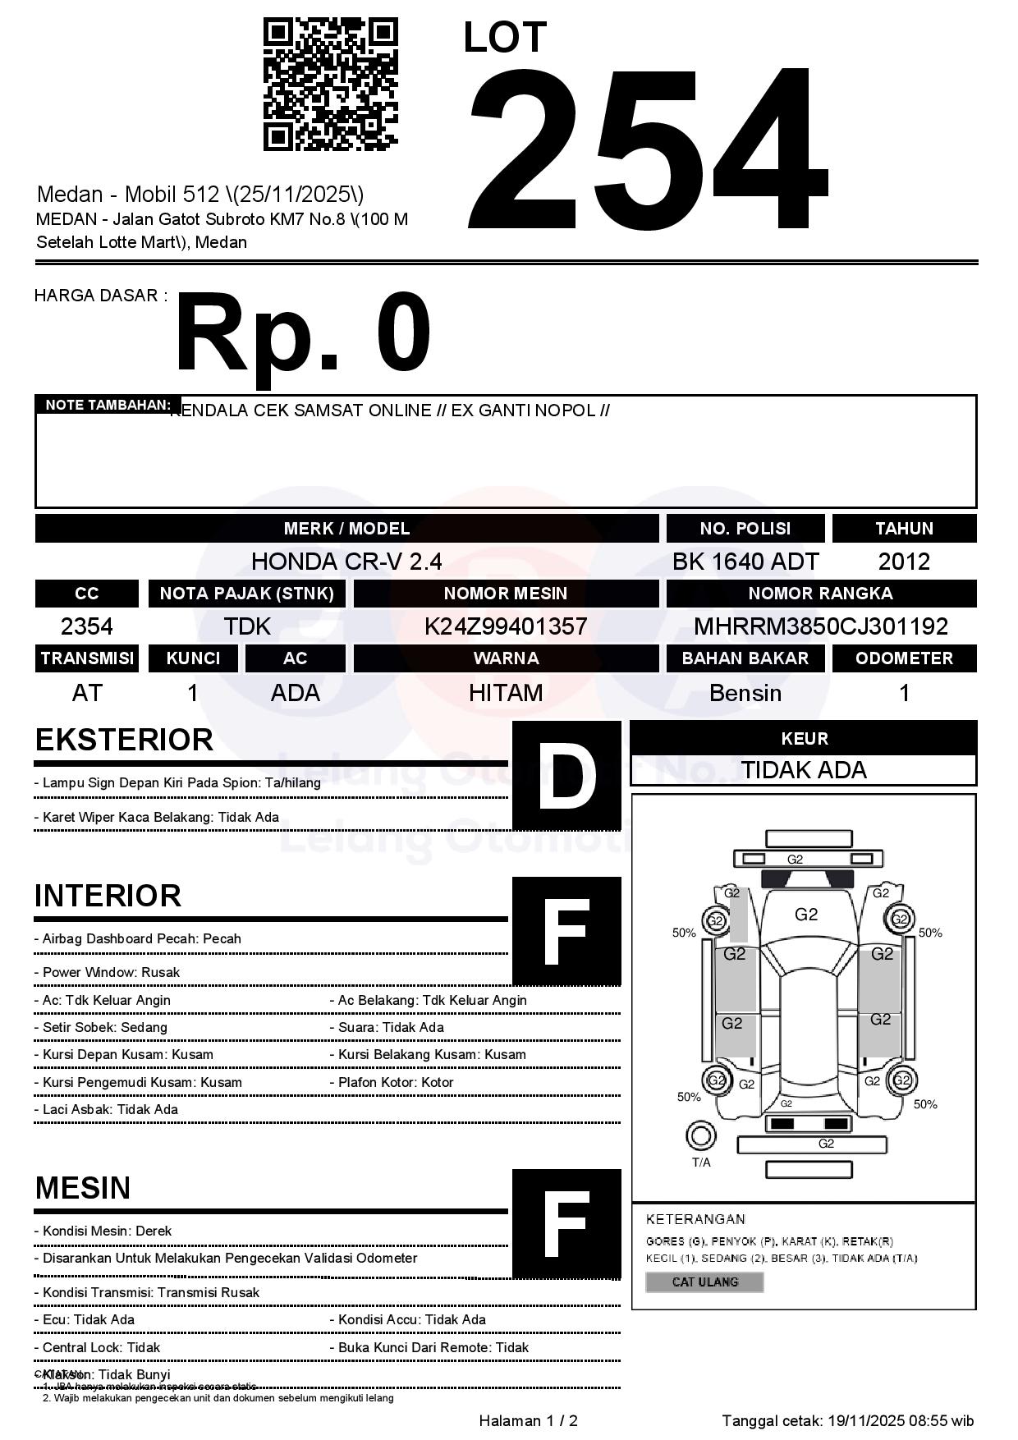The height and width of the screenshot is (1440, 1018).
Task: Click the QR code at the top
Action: (330, 85)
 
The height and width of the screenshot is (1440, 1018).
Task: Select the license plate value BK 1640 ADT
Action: (745, 562)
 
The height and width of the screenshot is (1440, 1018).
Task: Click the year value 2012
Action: (904, 562)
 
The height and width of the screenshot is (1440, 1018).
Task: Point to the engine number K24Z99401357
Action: (506, 626)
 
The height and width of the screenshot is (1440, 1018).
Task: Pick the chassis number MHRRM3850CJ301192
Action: (821, 626)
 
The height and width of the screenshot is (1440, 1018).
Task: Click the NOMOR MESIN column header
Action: (506, 594)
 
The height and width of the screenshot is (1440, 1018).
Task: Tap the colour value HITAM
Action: (506, 693)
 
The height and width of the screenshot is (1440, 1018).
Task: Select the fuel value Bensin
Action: (745, 693)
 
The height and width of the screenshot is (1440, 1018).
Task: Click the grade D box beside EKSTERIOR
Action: (566, 775)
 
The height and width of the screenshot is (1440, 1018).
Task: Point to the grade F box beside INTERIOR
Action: (566, 930)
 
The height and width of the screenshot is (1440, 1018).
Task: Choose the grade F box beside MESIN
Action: (566, 1223)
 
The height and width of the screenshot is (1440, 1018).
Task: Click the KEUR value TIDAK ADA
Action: (804, 770)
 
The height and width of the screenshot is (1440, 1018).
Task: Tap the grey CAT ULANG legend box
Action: (704, 1282)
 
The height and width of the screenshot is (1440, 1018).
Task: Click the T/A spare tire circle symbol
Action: (700, 1136)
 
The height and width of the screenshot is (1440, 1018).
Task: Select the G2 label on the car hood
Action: (806, 915)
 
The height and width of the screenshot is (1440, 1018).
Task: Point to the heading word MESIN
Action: (83, 1188)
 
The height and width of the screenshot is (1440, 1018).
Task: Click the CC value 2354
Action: (87, 626)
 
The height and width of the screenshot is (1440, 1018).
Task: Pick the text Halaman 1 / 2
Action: (528, 1420)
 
